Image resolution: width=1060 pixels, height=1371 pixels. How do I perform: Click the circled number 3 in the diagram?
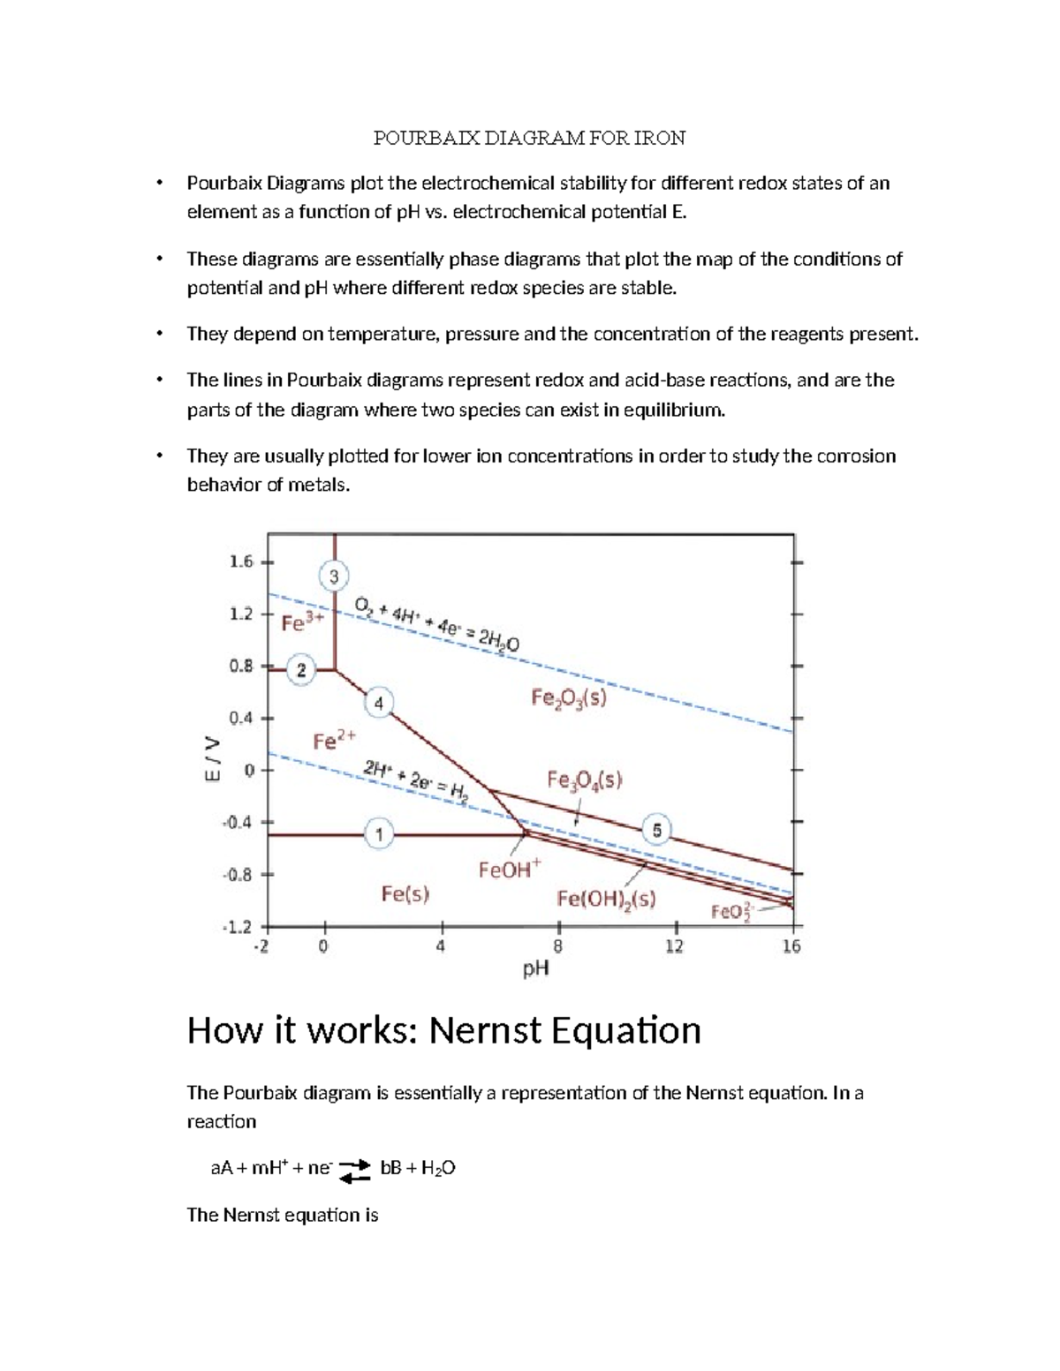pyautogui.click(x=334, y=577)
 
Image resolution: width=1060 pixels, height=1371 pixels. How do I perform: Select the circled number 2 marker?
pyautogui.click(x=301, y=670)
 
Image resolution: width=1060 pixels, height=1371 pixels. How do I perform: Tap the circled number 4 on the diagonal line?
pyautogui.click(x=379, y=704)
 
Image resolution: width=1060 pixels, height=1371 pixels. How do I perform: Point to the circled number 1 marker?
pyautogui.click(x=379, y=833)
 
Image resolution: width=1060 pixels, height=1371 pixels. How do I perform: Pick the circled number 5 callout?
pyautogui.click(x=656, y=831)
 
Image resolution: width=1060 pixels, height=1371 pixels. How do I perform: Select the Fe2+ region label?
pyautogui.click(x=334, y=739)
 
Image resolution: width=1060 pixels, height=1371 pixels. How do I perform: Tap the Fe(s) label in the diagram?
pyautogui.click(x=405, y=893)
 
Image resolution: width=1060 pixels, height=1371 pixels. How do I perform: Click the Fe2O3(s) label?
pyautogui.click(x=569, y=698)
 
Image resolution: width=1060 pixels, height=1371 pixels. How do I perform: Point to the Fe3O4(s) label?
pyautogui.click(x=584, y=780)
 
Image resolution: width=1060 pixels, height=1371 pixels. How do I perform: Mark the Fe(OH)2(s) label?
pyautogui.click(x=606, y=899)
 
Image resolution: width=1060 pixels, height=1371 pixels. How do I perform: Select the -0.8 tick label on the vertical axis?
pyautogui.click(x=238, y=875)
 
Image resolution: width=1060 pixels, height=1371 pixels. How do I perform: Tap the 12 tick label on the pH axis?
pyautogui.click(x=674, y=946)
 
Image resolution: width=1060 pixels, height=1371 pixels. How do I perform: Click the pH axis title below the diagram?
pyautogui.click(x=535, y=968)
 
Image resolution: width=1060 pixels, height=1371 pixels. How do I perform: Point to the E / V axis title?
pyautogui.click(x=211, y=758)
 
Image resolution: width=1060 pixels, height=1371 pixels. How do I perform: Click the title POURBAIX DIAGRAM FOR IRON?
pyautogui.click(x=529, y=138)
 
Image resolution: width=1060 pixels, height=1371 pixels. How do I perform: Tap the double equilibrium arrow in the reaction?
pyautogui.click(x=355, y=1170)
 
